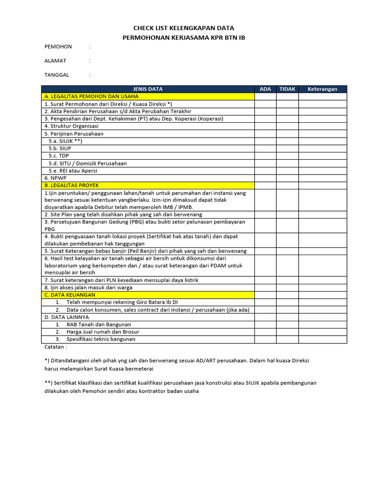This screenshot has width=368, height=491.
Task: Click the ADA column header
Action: click(x=265, y=89)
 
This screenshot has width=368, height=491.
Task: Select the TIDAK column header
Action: click(x=287, y=89)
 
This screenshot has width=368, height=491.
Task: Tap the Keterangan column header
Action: click(x=322, y=89)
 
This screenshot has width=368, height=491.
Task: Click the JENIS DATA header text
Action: click(x=148, y=89)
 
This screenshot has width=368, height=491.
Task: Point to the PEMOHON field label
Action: click(x=58, y=47)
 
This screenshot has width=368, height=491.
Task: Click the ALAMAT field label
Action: click(x=55, y=61)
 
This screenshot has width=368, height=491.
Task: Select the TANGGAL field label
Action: click(x=57, y=75)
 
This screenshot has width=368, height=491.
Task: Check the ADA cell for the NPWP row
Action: click(x=265, y=178)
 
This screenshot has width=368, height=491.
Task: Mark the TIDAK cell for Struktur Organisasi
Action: click(x=287, y=126)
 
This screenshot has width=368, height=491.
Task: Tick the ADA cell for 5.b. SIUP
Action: click(x=265, y=149)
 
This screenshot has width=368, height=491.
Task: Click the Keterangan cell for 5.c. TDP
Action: click(x=322, y=156)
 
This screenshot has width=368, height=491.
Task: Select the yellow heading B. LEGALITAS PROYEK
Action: click(x=71, y=185)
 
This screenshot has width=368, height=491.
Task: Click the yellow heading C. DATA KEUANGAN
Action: click(x=70, y=295)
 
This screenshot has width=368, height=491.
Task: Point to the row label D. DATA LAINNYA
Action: click(x=67, y=317)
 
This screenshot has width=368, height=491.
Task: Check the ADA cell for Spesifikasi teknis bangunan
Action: click(x=265, y=339)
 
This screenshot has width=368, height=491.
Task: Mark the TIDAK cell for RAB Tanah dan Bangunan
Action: click(x=287, y=325)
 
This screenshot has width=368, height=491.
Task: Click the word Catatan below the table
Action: click(x=55, y=347)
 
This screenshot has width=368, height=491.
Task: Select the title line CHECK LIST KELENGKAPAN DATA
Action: click(x=184, y=28)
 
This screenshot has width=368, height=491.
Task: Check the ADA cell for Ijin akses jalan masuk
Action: click(x=265, y=288)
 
